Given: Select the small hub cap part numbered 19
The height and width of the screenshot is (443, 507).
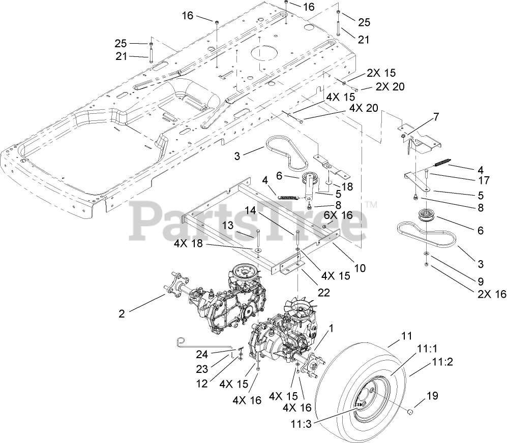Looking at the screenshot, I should pos(410,409).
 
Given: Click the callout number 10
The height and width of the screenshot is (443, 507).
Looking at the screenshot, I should pos(360,268).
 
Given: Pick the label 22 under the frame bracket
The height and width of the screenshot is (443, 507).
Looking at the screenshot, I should pos(323,293).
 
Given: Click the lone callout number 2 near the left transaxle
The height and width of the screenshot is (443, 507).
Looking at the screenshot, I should pos(122,314).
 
